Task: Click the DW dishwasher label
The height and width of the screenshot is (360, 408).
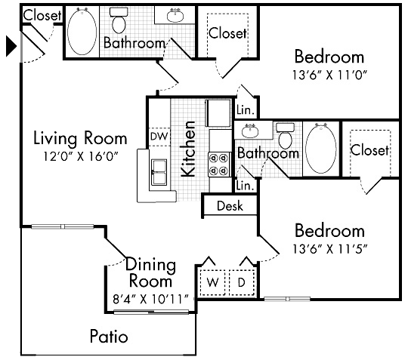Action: [x=159, y=136]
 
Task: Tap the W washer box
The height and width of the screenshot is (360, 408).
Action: [x=213, y=282]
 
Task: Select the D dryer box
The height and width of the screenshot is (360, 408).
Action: [x=243, y=282]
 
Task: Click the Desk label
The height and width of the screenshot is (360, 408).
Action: [x=230, y=205]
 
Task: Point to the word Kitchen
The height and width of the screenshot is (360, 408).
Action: [x=190, y=149]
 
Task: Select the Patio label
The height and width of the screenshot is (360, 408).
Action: [x=109, y=336]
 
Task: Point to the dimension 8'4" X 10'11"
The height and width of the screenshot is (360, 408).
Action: [x=150, y=298]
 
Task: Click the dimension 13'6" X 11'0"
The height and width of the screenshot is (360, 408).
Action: [x=329, y=75]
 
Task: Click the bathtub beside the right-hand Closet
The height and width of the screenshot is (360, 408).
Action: [x=321, y=149]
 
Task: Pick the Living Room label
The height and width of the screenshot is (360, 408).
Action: [x=80, y=138]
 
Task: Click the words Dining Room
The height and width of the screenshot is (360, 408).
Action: [x=150, y=273]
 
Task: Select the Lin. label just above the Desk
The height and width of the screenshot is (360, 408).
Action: [x=243, y=185]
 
